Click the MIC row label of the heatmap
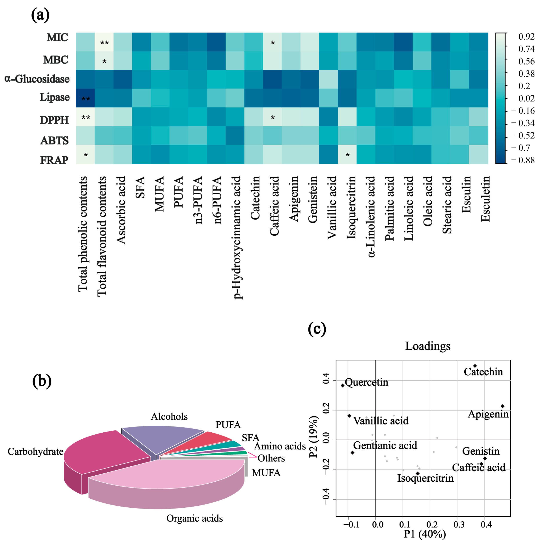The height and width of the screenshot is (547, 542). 57,37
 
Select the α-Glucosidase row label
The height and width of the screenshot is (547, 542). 37,79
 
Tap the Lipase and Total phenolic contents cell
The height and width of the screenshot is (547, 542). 85,98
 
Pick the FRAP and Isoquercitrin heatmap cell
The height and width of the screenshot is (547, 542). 347,154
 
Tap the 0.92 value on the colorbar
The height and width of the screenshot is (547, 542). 526,37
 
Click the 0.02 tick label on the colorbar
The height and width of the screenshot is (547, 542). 526,98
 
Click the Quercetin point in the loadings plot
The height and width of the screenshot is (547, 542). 343,385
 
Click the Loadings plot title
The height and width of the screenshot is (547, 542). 428,346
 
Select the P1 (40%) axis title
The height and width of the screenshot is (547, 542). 425,534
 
